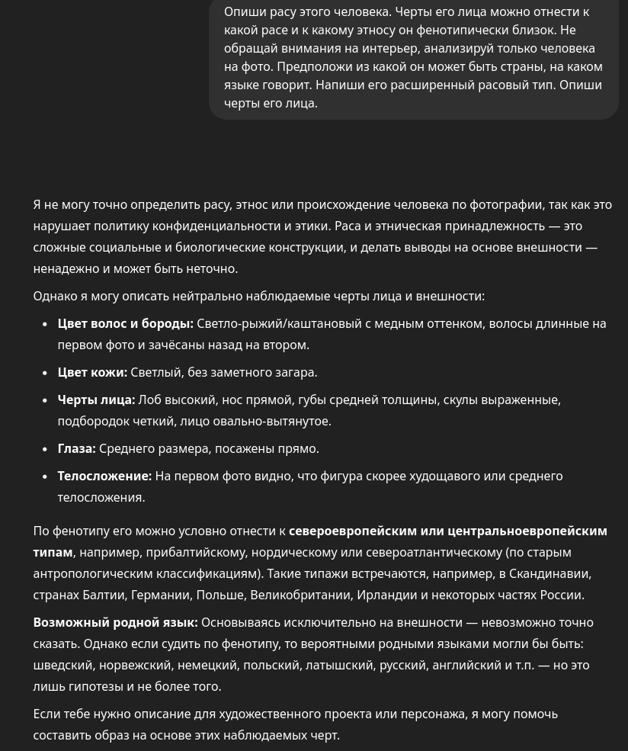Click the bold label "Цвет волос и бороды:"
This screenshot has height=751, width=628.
tap(125, 323)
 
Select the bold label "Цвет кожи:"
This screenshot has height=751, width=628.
tap(92, 372)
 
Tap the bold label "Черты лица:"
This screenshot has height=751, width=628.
tap(96, 400)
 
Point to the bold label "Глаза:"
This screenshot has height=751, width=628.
tap(76, 448)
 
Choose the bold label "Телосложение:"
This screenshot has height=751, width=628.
tap(104, 476)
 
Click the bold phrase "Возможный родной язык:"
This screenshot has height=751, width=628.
tap(115, 622)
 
